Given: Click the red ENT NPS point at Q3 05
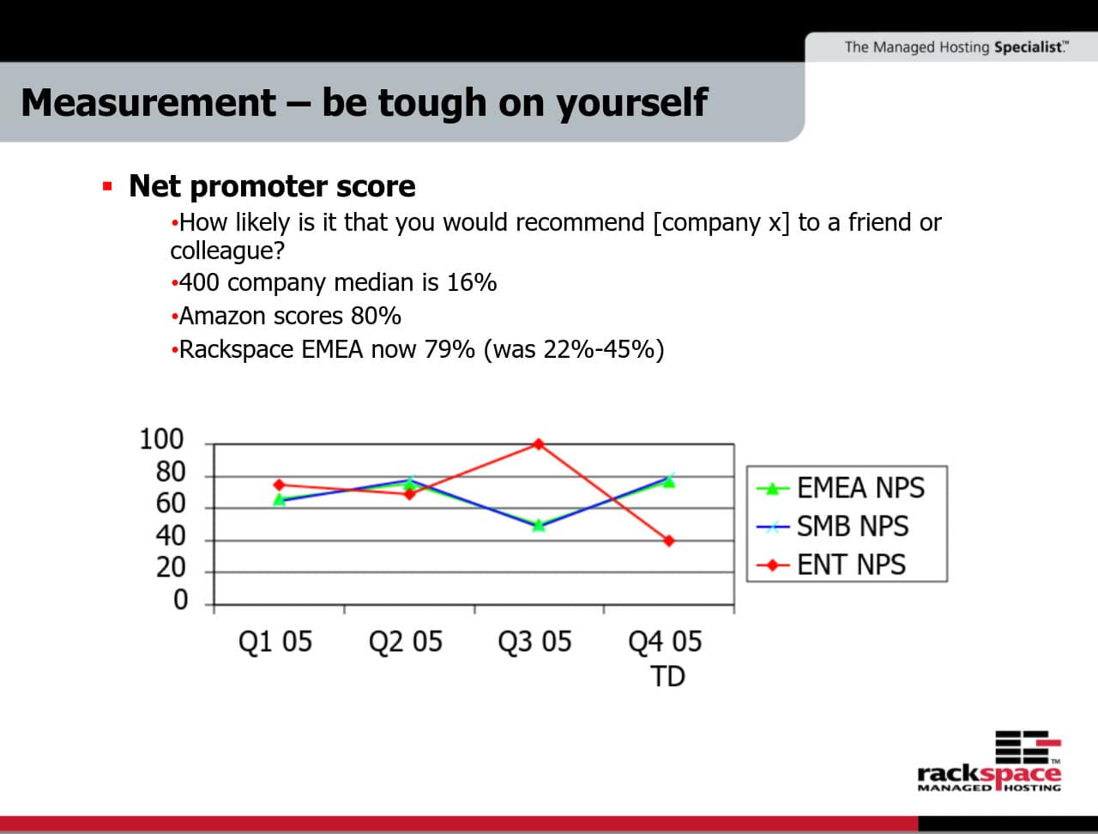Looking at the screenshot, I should click(x=539, y=444).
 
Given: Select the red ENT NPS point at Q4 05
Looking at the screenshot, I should click(x=668, y=541).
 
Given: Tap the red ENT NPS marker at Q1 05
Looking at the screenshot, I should click(x=279, y=485).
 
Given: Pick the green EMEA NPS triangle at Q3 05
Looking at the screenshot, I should click(x=539, y=524).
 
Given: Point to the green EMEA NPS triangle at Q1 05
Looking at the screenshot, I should click(x=279, y=499).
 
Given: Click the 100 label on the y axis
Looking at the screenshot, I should click(x=161, y=439).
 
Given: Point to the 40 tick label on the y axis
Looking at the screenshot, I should click(x=170, y=536).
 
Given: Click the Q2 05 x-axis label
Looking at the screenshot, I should click(x=405, y=642).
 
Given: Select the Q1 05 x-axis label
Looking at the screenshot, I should click(x=275, y=642).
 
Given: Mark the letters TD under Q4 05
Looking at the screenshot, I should click(x=667, y=677).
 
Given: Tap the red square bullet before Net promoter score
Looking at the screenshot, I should click(x=107, y=186).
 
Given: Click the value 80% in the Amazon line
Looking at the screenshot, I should click(x=376, y=316).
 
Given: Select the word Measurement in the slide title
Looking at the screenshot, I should click(x=148, y=102).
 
